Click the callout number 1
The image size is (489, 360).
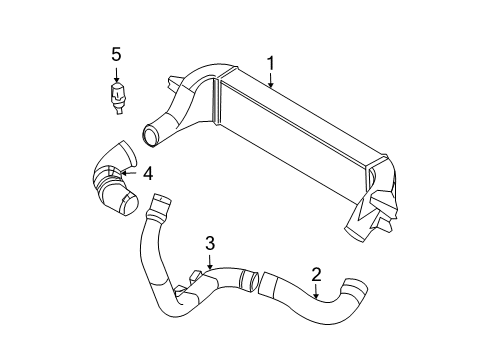click(x=270, y=63)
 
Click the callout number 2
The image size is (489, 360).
click(x=316, y=273)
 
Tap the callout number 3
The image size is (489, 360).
click(x=210, y=242)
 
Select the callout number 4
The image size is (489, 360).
click(x=147, y=173)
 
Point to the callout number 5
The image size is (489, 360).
click(x=115, y=54)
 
